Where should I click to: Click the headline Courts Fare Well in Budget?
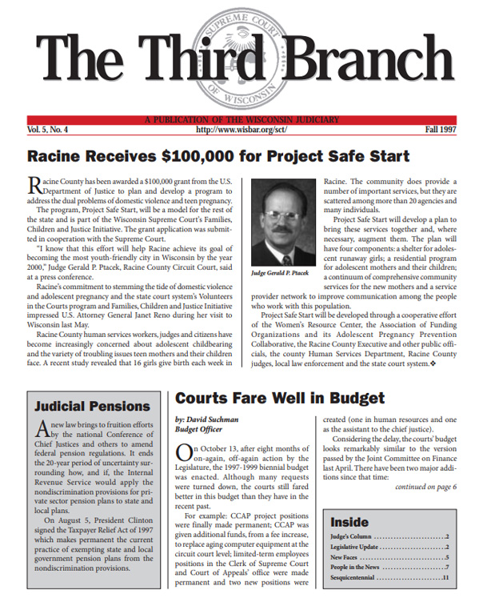click(x=279, y=398)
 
